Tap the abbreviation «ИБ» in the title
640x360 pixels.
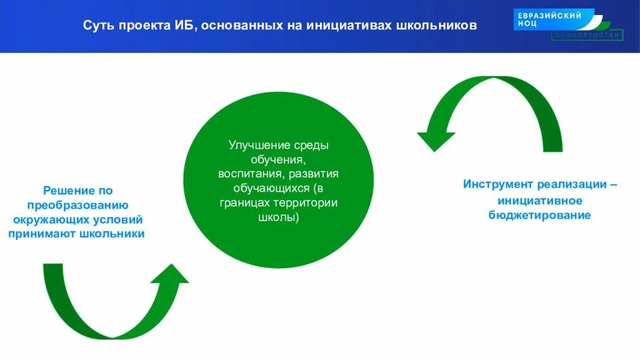(182, 26)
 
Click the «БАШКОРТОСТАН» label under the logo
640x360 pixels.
(587, 36)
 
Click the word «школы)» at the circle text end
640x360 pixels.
(279, 217)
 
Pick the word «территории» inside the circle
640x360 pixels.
(311, 202)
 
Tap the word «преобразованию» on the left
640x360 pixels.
(77, 205)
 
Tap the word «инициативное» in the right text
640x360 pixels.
(540, 201)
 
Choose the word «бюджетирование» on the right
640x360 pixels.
(540, 215)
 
